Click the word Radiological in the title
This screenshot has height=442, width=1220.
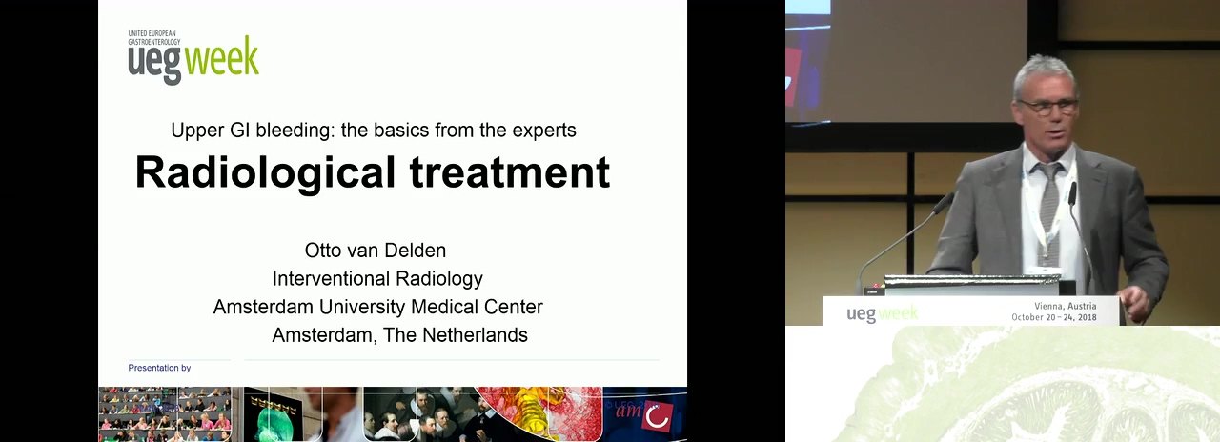pos(265,172)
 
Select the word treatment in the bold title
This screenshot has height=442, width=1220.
pos(510,172)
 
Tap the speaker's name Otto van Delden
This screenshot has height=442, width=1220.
pos(376,251)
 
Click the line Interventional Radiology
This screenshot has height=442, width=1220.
pos(377,279)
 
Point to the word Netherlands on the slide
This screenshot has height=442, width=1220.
pos(475,334)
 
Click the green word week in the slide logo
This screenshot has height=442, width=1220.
pos(222,58)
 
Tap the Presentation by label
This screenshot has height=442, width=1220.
pos(159,368)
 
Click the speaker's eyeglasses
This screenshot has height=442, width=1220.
pos(1047,107)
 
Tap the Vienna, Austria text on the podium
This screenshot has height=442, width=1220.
pos(1066,307)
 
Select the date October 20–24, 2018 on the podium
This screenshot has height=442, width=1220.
pos(1054,317)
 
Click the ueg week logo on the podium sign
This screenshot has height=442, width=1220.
pos(882,313)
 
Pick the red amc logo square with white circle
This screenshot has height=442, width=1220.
pos(658,416)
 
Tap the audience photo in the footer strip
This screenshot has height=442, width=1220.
pos(165,414)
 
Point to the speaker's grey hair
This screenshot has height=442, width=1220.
pos(1045,72)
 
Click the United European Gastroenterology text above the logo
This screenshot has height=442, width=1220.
pos(154,37)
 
